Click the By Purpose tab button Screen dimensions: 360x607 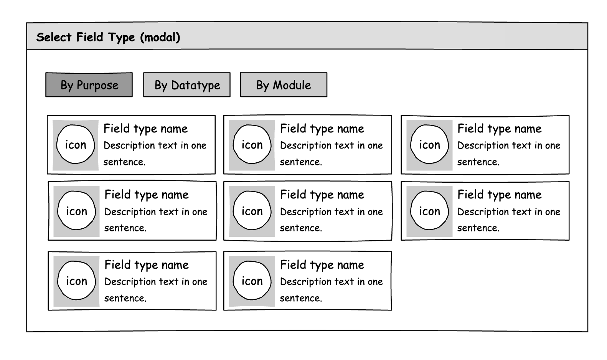click(89, 85)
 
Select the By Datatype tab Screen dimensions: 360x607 click(187, 85)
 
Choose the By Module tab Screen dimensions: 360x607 click(284, 85)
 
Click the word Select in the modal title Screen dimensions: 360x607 click(54, 37)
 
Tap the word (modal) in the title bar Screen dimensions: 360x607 click(160, 37)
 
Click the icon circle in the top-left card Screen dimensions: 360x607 click(76, 145)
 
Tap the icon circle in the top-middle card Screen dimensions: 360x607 click(252, 145)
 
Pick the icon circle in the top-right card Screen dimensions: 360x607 click(429, 145)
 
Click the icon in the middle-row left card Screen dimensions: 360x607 click(76, 211)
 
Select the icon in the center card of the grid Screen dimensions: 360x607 click(252, 211)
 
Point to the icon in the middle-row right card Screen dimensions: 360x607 click(429, 211)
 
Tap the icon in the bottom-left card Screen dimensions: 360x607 click(76, 281)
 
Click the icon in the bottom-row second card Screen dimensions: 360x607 click(252, 281)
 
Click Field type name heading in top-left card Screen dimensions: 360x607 click(145, 129)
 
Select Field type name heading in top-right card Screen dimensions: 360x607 click(499, 129)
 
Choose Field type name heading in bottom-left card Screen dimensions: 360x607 click(146, 265)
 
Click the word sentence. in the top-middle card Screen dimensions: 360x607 click(301, 162)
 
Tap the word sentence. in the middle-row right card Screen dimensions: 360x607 click(478, 228)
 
